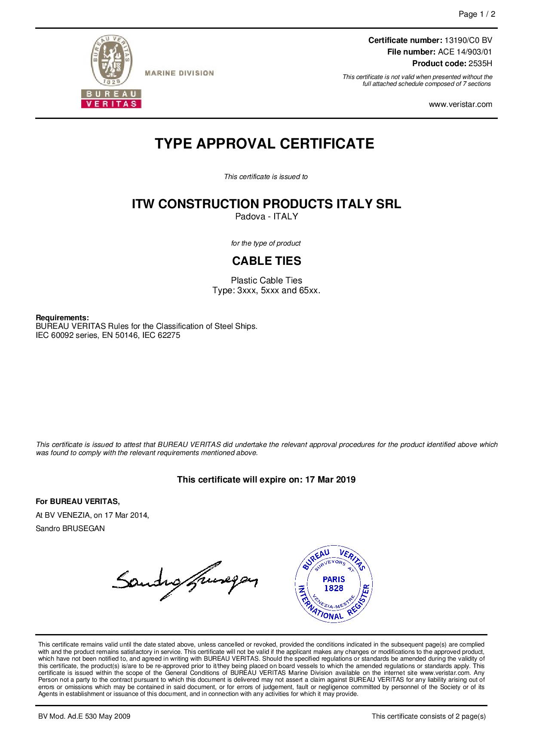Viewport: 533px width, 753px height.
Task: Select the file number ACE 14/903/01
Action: [x=465, y=52]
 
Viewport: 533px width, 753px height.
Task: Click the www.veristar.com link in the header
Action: [x=461, y=104]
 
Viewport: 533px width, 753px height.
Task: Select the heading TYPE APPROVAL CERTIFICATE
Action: [x=264, y=144]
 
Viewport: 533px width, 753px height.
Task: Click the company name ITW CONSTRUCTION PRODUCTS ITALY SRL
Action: [x=266, y=204]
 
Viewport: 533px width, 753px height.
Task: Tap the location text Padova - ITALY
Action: [x=266, y=217]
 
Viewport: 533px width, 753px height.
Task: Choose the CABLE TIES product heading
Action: [x=266, y=261]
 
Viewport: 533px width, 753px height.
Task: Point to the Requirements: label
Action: [x=62, y=318]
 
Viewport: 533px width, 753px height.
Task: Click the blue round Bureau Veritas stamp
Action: [x=334, y=585]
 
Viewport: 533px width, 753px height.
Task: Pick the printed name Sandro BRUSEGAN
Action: [x=70, y=528]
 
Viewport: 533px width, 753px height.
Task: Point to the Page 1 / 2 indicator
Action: [x=477, y=15]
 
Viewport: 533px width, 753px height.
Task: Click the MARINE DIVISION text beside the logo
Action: [x=179, y=73]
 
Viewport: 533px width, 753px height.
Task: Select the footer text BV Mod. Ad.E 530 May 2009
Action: [x=84, y=716]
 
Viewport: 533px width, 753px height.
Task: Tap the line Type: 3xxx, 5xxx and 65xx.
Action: [x=266, y=291]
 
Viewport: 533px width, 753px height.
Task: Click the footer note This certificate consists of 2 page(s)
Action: [x=428, y=716]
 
